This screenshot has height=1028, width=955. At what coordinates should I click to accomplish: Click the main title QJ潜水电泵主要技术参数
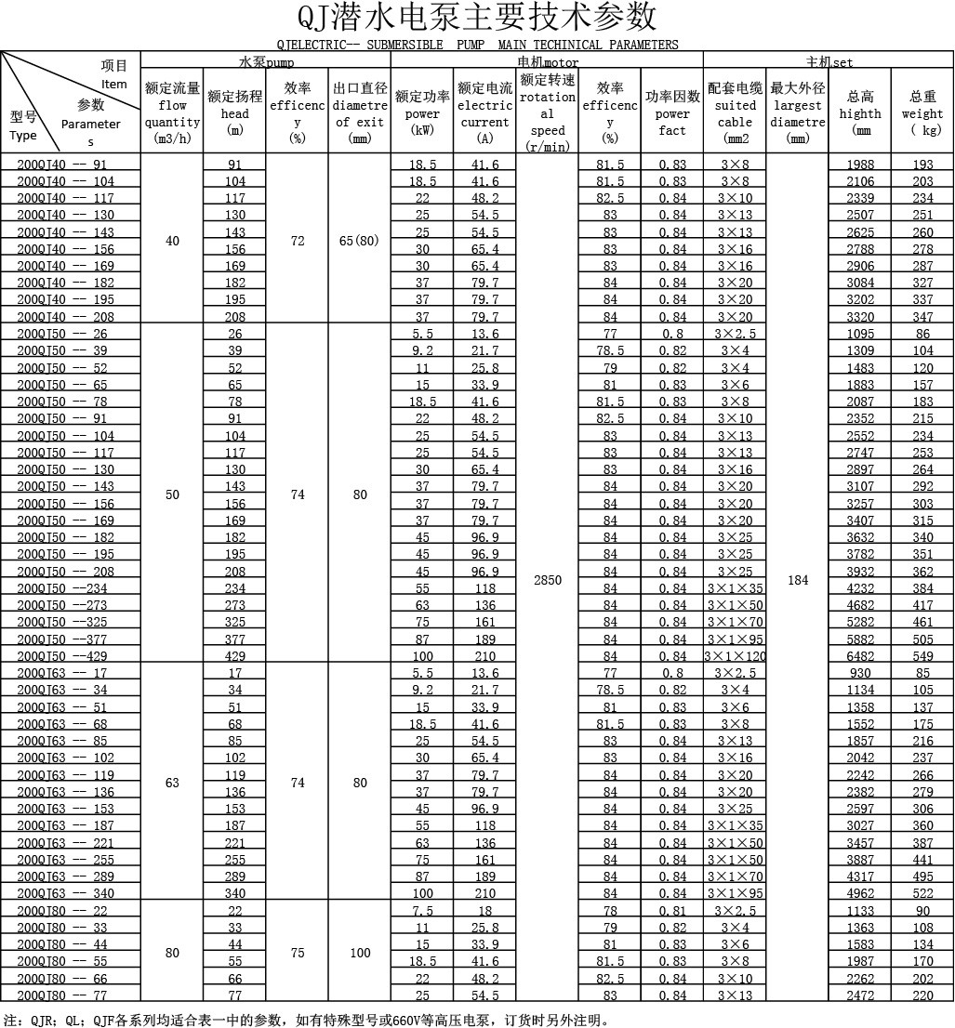tap(477, 18)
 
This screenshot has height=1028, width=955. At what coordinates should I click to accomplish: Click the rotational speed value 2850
tap(548, 580)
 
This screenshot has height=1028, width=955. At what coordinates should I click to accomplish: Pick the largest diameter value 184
tap(798, 580)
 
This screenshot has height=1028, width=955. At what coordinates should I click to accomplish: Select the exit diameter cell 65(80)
tap(360, 241)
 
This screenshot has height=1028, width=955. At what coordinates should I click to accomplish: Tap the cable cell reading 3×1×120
tap(736, 656)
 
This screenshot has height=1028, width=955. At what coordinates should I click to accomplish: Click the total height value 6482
tap(860, 656)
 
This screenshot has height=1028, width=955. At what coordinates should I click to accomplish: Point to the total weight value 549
tap(922, 656)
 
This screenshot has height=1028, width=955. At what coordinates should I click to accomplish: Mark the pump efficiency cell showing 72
tap(298, 241)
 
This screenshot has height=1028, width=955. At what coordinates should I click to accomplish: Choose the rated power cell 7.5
tap(422, 911)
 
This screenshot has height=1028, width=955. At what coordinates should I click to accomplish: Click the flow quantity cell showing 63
tap(172, 783)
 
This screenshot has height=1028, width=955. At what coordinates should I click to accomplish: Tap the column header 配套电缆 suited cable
tap(736, 105)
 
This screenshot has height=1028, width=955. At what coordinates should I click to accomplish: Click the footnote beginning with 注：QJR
tap(307, 1019)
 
